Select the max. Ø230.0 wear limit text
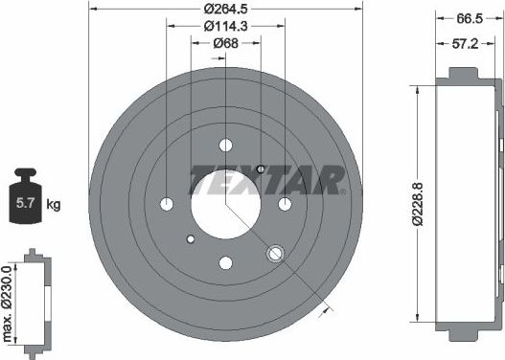[x=9, y=301]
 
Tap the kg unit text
[x=53, y=205]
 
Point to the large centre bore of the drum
[x=225, y=202]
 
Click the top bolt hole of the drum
[x=226, y=146]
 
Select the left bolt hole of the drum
[x=167, y=204]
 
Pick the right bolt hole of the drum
[x=285, y=204]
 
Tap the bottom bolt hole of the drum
[x=226, y=262]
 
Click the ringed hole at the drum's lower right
[x=276, y=253]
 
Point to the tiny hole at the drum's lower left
[x=191, y=238]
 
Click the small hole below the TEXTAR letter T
[x=261, y=169]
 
